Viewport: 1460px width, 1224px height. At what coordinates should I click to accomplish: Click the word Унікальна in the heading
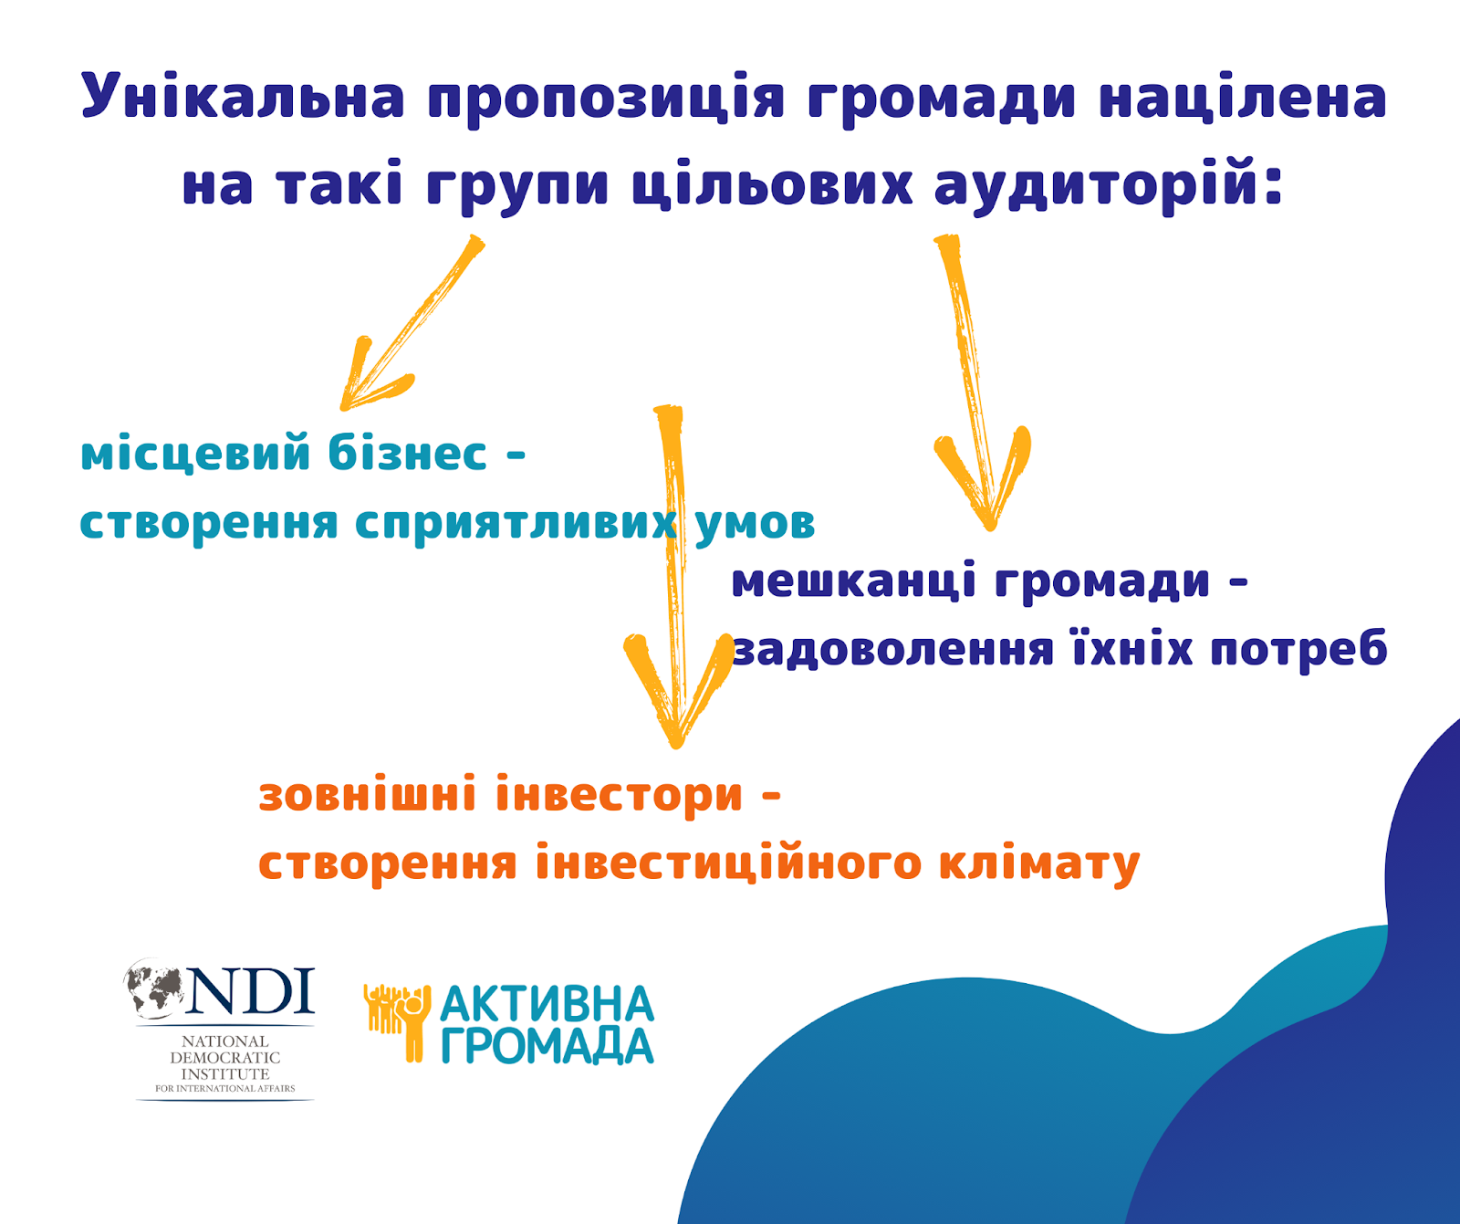(x=243, y=96)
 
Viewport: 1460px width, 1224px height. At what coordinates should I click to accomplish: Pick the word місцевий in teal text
(x=195, y=455)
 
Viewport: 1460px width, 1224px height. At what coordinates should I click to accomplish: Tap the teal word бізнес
(x=407, y=453)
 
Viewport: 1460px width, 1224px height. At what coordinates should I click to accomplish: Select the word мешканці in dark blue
(x=854, y=582)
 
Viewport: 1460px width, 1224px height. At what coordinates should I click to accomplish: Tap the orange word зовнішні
(x=368, y=793)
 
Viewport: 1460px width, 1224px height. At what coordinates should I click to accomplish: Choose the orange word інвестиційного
(x=728, y=863)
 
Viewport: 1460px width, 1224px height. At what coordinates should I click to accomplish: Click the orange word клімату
(x=1039, y=863)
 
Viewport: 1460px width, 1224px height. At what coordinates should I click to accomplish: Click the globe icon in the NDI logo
(x=157, y=989)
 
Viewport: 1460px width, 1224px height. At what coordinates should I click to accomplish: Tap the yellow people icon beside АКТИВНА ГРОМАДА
(x=397, y=1021)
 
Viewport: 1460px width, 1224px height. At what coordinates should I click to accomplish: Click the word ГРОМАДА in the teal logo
(x=547, y=1046)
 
